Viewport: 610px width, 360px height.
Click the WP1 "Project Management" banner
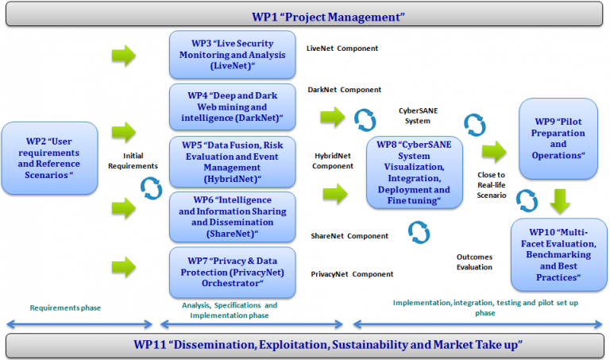304,16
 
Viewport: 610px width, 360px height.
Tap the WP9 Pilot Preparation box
558,139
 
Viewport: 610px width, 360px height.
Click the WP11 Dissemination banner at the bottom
304,345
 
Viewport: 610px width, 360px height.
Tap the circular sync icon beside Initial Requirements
150,188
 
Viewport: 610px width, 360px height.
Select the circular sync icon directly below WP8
419,231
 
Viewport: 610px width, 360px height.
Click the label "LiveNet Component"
342,48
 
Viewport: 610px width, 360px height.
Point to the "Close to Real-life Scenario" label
491,184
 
